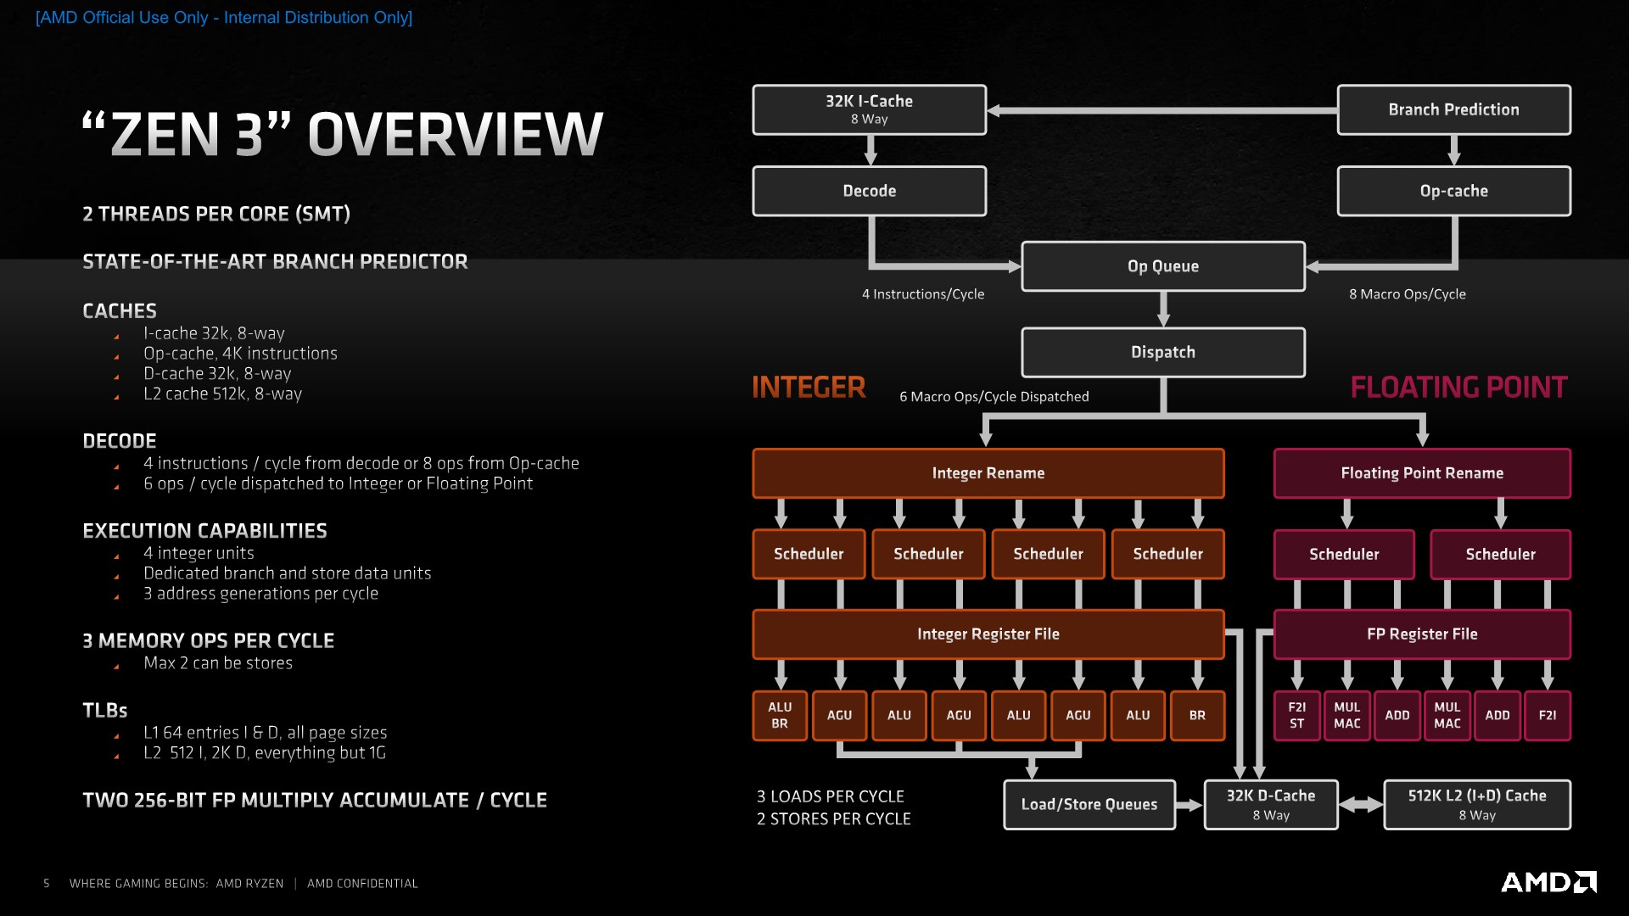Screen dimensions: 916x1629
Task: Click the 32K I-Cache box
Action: click(869, 109)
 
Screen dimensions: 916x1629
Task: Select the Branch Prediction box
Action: click(1453, 109)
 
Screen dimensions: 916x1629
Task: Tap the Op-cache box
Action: click(1453, 191)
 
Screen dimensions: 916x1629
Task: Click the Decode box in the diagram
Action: click(869, 191)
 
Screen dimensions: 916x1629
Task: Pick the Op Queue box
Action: click(1162, 266)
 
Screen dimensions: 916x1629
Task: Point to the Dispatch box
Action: click(1162, 352)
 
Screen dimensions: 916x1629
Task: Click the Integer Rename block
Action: click(988, 473)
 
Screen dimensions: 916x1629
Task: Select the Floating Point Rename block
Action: click(1422, 473)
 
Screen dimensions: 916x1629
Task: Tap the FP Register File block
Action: click(1422, 634)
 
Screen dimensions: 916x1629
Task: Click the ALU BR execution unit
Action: click(780, 715)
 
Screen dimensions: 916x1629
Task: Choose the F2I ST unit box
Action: click(1296, 715)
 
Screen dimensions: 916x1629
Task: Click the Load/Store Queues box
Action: click(1089, 804)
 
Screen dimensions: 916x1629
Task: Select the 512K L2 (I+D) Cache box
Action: click(1477, 804)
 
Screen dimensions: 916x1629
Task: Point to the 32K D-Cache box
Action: click(1270, 804)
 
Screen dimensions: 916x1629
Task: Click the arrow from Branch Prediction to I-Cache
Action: click(1162, 110)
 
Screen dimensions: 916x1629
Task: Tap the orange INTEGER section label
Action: click(809, 388)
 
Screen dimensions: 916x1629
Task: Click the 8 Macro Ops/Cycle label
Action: click(1407, 294)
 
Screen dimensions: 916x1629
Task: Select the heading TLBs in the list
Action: click(105, 711)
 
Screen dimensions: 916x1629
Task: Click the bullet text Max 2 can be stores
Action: click(218, 663)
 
